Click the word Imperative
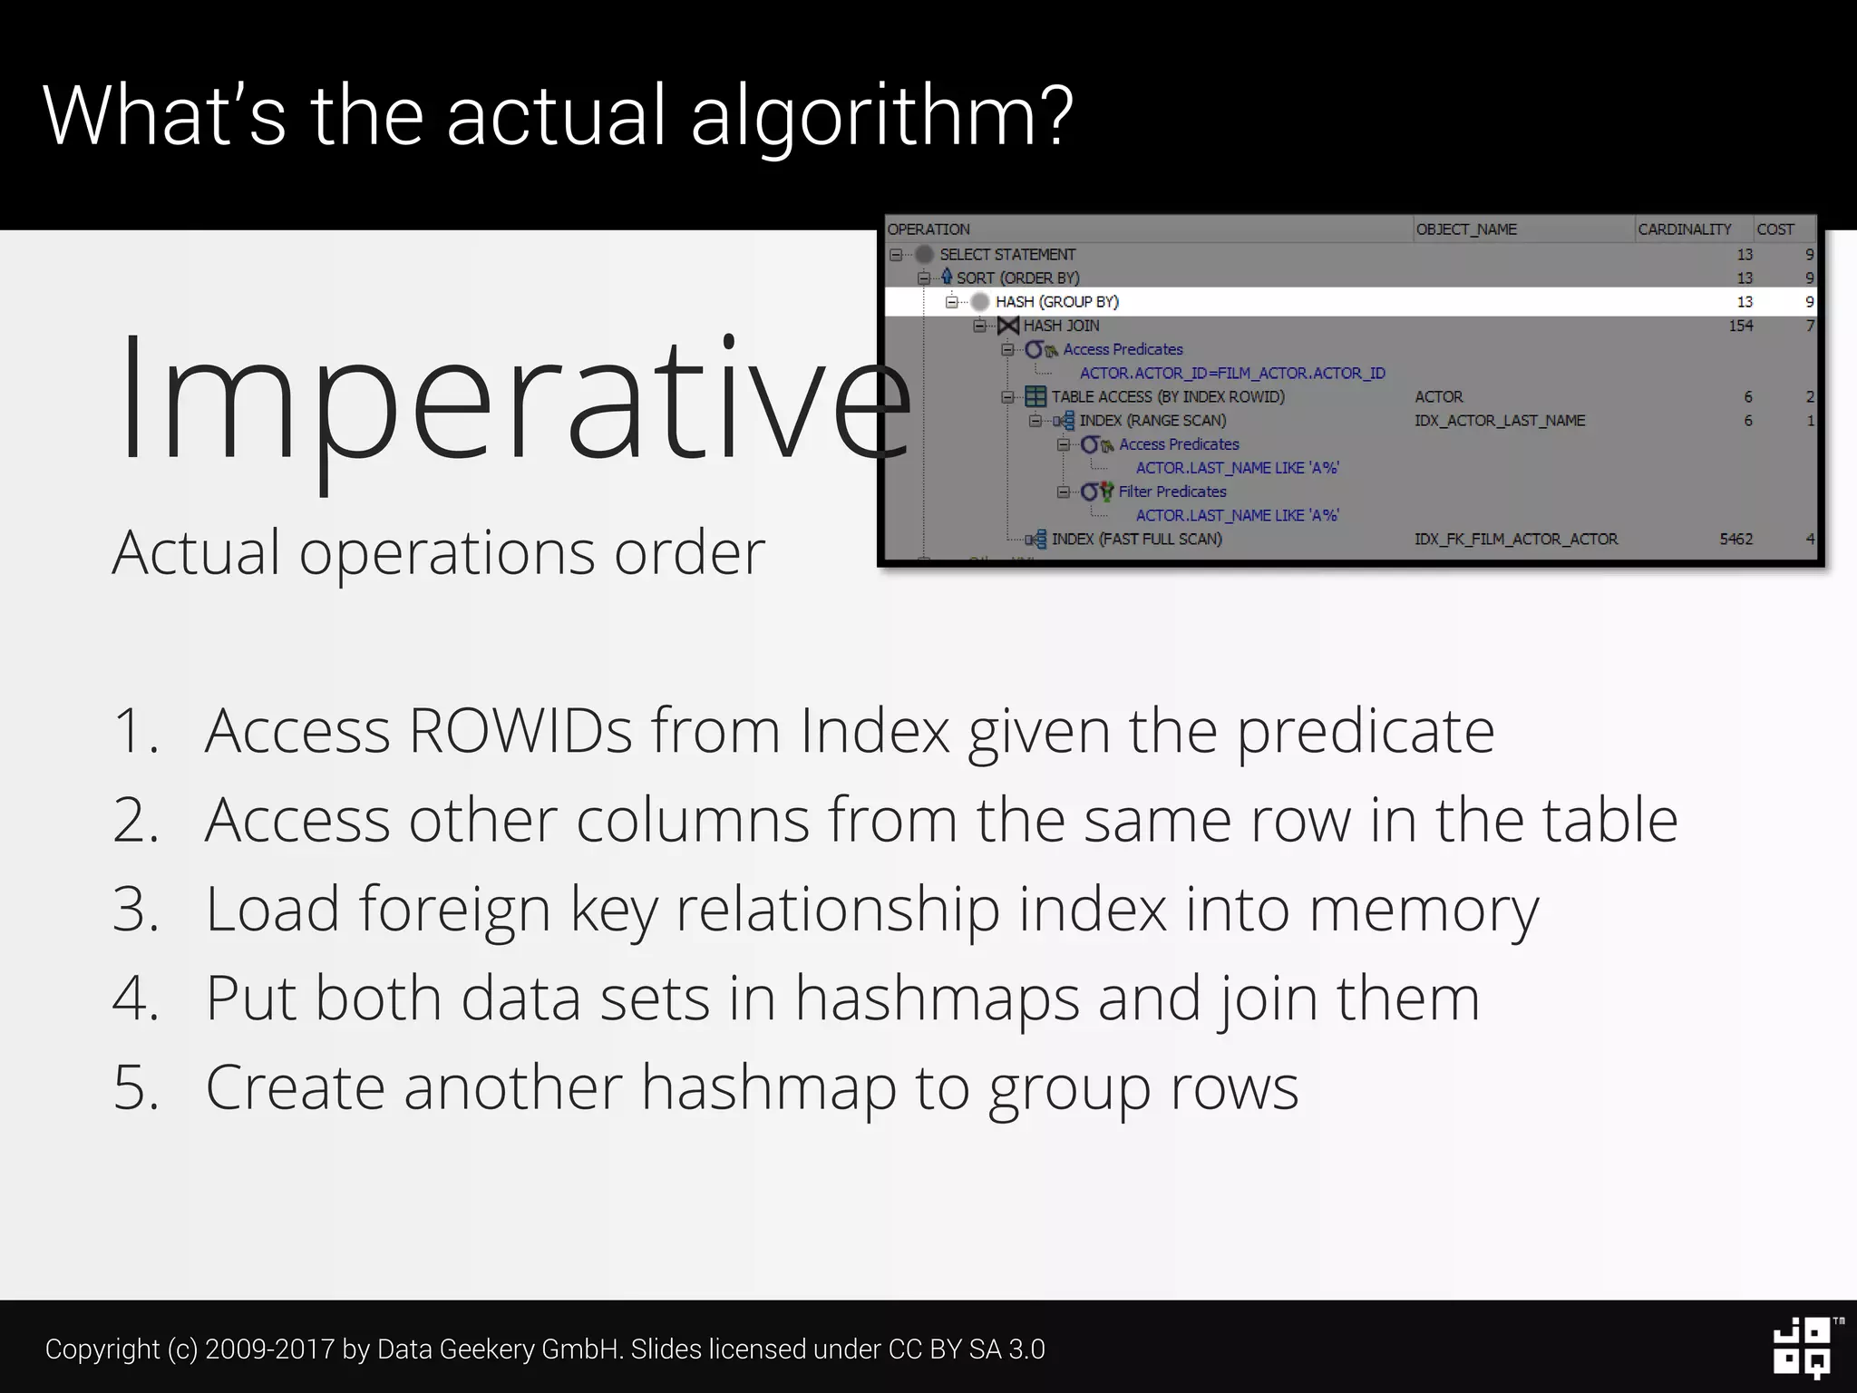(x=512, y=399)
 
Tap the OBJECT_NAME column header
(x=1466, y=229)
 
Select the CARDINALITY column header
(x=1684, y=229)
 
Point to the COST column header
(x=1774, y=229)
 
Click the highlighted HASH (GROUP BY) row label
(x=1056, y=302)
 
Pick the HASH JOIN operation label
(x=1061, y=326)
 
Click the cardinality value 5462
(x=1735, y=539)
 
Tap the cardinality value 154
(x=1740, y=326)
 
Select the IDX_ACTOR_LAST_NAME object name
(x=1500, y=421)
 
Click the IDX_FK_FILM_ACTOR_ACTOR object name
(x=1516, y=539)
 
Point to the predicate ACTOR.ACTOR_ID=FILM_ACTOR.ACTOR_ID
(x=1232, y=373)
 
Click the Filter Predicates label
(x=1172, y=492)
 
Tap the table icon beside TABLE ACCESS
(x=1035, y=397)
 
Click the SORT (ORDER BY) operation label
(x=1017, y=278)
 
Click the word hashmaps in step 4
(x=937, y=998)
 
